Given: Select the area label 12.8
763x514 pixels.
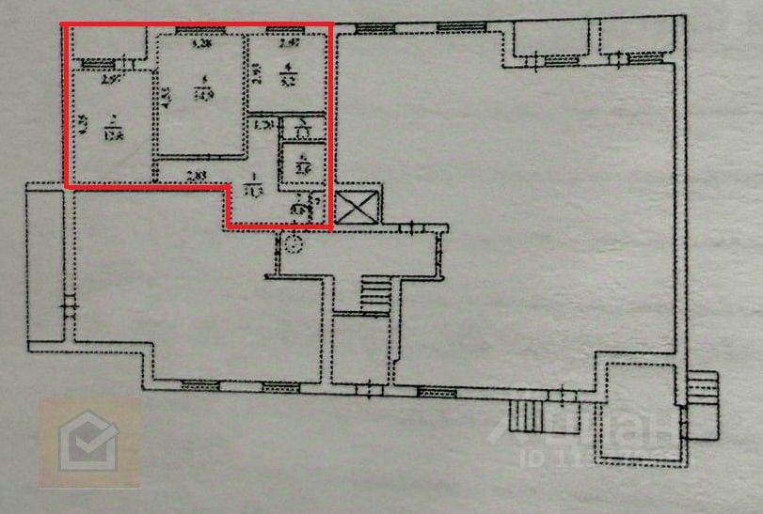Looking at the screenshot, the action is (x=113, y=132).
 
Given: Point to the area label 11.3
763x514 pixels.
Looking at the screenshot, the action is (x=254, y=190).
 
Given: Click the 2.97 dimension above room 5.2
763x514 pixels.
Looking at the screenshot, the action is (x=289, y=44).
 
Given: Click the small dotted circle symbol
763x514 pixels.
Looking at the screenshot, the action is (x=294, y=246).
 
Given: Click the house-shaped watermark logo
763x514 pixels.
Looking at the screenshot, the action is (x=88, y=442).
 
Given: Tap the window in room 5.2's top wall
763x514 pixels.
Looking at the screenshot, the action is (x=279, y=31).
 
